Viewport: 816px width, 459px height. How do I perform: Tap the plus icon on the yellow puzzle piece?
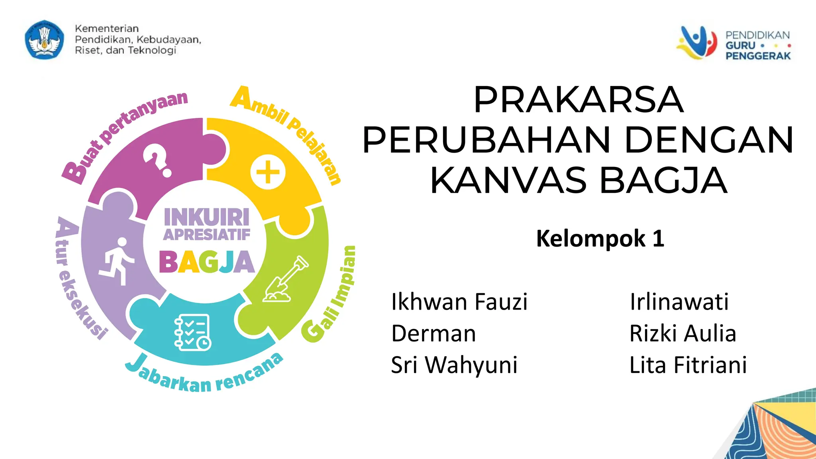[268, 172]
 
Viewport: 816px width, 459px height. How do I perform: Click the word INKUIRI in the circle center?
[207, 217]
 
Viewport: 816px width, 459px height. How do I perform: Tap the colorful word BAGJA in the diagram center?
[207, 262]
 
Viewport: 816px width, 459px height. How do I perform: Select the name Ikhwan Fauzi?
[459, 302]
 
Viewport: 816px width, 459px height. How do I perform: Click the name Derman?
[433, 333]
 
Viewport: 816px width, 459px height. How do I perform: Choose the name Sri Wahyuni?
[454, 365]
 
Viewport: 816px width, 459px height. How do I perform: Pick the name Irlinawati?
[679, 302]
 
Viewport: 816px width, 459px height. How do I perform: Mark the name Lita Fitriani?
[688, 365]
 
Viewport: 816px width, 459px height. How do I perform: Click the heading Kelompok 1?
[600, 239]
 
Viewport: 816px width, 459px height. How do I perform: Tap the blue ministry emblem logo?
[44, 40]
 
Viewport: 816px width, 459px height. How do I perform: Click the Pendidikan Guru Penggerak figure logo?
[697, 42]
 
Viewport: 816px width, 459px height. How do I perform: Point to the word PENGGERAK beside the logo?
[758, 56]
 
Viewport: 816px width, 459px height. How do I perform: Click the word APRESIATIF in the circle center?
[207, 235]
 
